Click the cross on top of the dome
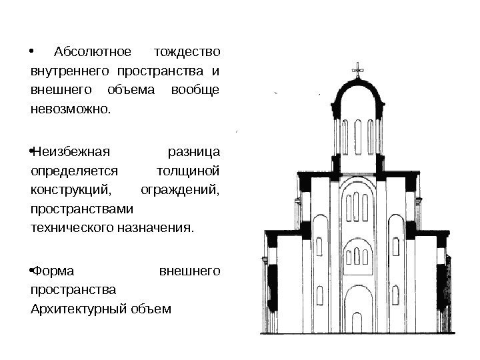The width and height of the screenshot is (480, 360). click(359, 69)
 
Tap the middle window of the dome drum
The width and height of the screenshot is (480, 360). click(359, 133)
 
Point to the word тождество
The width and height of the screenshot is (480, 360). click(187, 52)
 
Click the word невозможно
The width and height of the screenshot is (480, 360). click(67, 108)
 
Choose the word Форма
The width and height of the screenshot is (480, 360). click(53, 271)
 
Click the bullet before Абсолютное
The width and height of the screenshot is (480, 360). click(34, 51)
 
